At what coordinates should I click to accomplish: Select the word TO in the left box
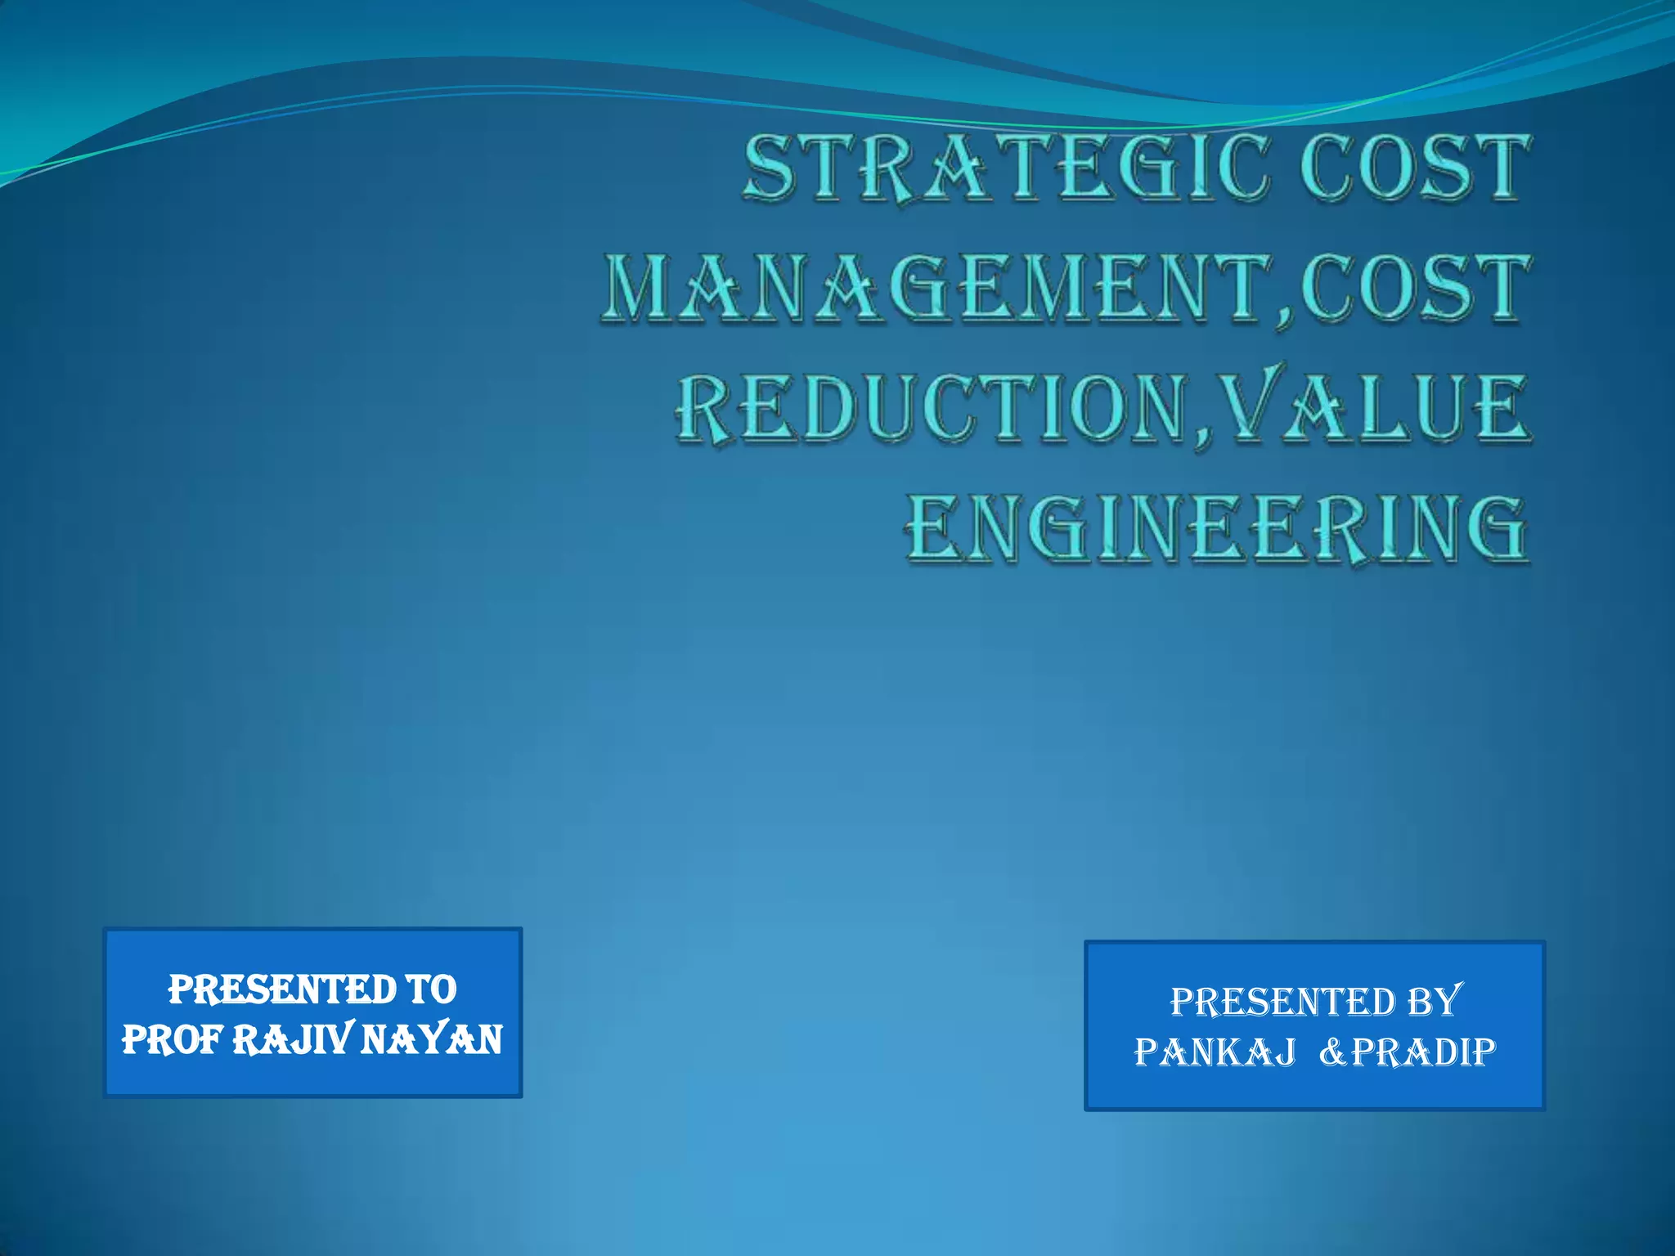click(x=431, y=989)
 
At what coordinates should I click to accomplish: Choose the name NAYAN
click(x=432, y=1040)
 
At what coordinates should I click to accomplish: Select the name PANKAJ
click(x=1215, y=1052)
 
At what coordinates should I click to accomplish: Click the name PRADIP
click(x=1424, y=1052)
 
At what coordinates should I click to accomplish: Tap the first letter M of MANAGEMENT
click(x=641, y=287)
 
